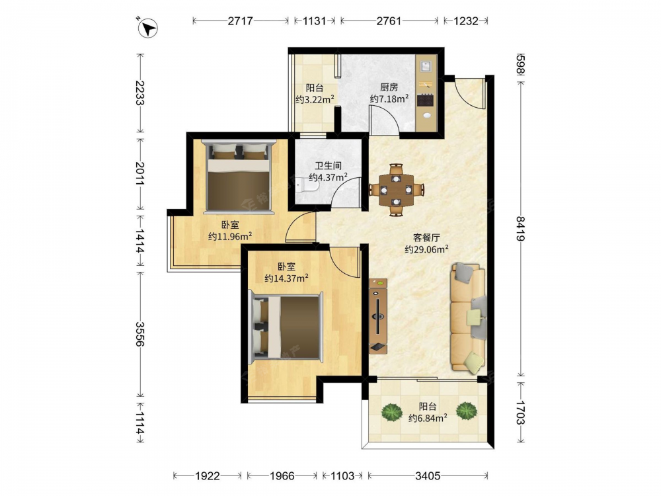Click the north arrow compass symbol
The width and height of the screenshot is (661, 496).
147,28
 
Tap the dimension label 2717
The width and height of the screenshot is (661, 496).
241,21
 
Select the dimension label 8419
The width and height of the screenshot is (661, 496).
521,228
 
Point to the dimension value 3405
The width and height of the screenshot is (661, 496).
428,476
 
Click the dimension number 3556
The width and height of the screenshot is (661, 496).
140,333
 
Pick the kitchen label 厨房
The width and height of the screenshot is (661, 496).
389,87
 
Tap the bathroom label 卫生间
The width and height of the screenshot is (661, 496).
328,166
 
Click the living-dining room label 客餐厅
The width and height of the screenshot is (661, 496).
426,237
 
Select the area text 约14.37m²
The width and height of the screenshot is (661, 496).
286,278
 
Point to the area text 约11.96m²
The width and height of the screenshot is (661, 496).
230,236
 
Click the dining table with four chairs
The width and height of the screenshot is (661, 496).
396,190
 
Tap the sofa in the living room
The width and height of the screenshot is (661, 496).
469,318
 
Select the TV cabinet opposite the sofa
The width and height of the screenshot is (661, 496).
378,316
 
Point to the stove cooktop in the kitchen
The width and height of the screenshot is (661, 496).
425,100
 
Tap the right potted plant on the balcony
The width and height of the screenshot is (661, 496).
466,410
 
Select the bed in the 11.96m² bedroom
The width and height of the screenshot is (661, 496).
239,177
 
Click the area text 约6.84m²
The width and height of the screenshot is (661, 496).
428,418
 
